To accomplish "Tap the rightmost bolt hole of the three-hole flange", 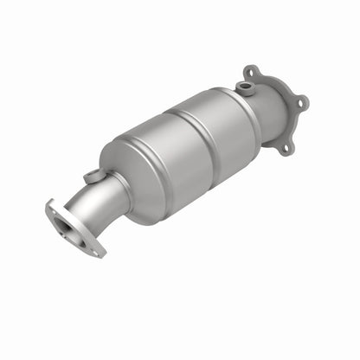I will pyautogui.click(x=302, y=102).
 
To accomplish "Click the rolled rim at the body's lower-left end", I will pyautogui.click(x=130, y=186).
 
